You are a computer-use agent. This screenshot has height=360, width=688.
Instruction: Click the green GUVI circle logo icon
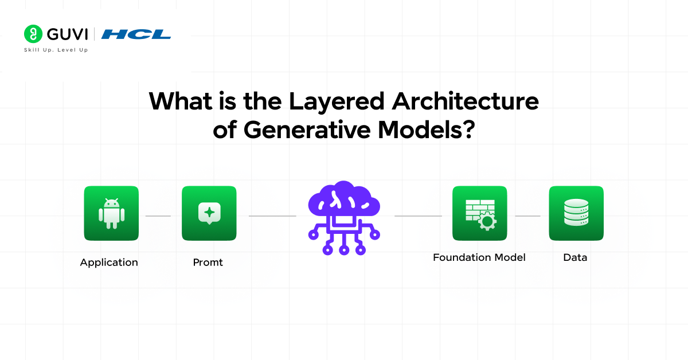pyautogui.click(x=33, y=34)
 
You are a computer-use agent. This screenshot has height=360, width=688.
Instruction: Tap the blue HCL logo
pyautogui.click(x=136, y=34)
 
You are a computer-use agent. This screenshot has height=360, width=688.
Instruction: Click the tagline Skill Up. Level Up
pyautogui.click(x=56, y=50)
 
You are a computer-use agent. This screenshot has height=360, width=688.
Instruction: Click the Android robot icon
pyautogui.click(x=111, y=213)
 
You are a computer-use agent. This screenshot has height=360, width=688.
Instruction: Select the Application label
pyautogui.click(x=109, y=263)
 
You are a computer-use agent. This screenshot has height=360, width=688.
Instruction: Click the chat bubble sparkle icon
pyautogui.click(x=209, y=213)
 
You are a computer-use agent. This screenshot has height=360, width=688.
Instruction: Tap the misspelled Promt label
pyautogui.click(x=208, y=263)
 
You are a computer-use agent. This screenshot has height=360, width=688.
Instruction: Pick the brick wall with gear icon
pyautogui.click(x=479, y=213)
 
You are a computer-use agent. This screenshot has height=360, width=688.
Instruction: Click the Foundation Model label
pyautogui.click(x=479, y=257)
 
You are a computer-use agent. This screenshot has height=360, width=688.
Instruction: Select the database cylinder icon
pyautogui.click(x=576, y=213)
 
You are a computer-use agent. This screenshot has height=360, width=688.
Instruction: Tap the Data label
pyautogui.click(x=575, y=257)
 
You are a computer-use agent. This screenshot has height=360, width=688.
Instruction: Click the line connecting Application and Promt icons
pyautogui.click(x=158, y=216)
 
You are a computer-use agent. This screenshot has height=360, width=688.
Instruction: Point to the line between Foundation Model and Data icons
pyautogui.click(x=527, y=216)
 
